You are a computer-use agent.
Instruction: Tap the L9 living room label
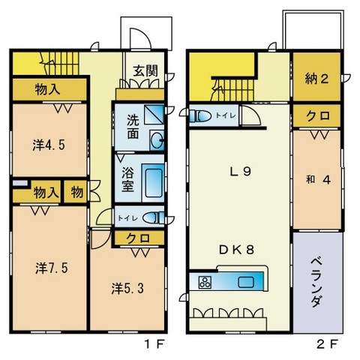pyautogui.click(x=240, y=171)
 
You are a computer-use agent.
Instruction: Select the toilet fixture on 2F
pyautogui.click(x=200, y=115)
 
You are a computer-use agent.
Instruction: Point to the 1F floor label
pyautogui.click(x=153, y=346)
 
